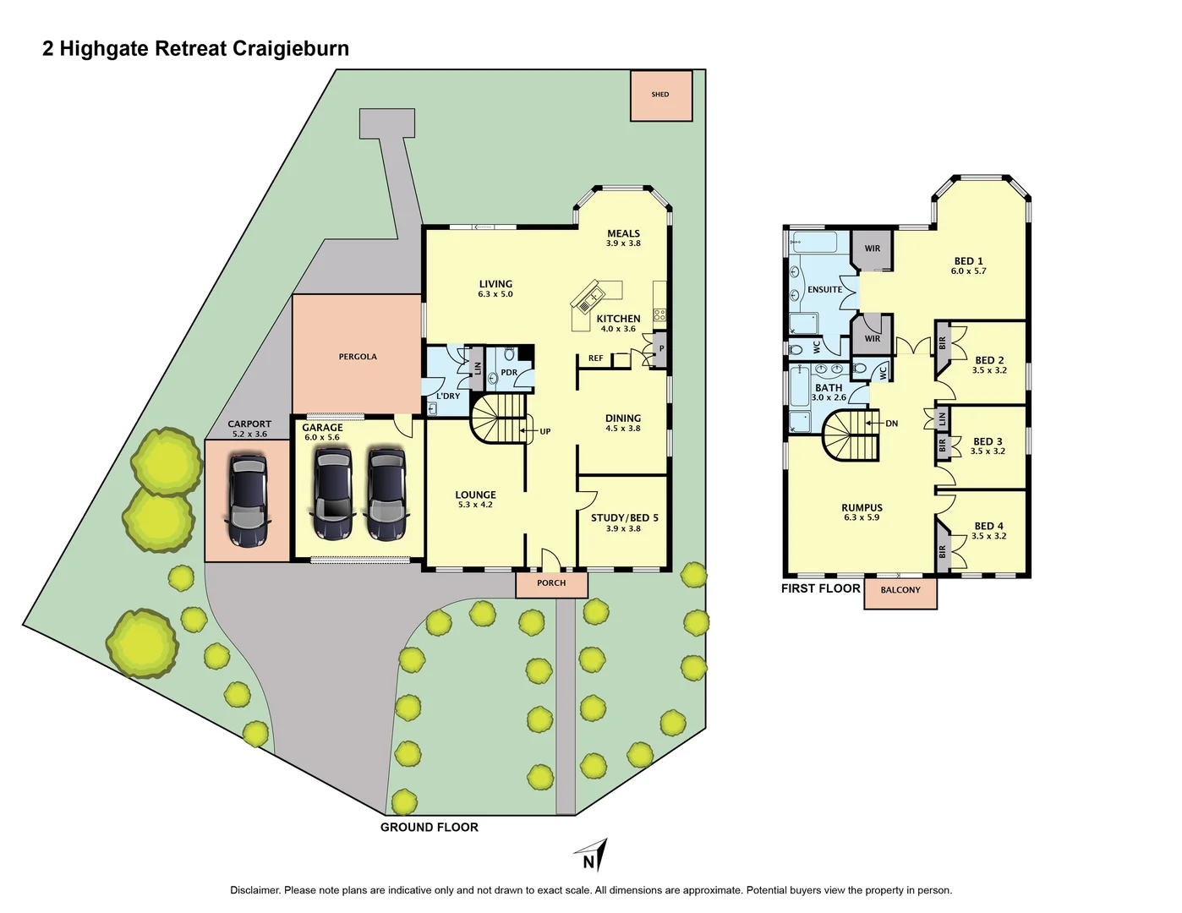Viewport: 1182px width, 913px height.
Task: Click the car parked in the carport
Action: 249,500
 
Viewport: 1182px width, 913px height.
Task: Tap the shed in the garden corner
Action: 660,95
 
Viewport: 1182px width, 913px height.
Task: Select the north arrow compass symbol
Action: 592,855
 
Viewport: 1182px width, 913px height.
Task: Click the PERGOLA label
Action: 358,357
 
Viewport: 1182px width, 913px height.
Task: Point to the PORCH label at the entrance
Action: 551,582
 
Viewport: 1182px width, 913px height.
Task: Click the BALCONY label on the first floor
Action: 900,590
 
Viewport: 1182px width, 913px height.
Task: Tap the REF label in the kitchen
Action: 596,358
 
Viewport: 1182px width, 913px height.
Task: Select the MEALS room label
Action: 624,233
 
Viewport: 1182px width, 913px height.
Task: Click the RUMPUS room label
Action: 862,508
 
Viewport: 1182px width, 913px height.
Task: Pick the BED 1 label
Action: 969,261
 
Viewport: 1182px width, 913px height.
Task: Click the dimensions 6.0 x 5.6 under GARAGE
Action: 322,438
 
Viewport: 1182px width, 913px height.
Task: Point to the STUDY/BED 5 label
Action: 624,518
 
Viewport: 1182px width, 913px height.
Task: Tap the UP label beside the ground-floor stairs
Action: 545,431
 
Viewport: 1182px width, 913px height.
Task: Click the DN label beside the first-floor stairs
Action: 892,424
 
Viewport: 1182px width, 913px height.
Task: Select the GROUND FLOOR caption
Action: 430,827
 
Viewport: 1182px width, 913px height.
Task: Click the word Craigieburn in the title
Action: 290,48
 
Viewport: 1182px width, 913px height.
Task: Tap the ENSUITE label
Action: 824,289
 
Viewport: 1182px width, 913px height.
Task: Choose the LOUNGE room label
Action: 475,495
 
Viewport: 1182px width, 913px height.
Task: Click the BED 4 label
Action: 989,526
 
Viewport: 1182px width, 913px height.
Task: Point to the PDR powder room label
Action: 509,373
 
